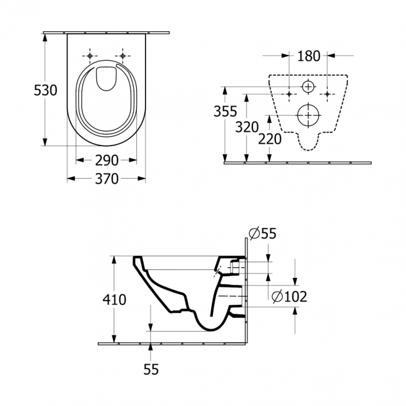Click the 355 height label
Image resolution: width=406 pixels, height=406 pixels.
pos(225,112)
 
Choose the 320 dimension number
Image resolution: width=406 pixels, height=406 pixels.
pos(247,127)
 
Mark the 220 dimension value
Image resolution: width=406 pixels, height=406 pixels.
pos(270,139)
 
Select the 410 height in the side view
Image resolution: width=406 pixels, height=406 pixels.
pos(114,299)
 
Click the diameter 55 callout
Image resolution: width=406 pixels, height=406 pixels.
pos(262,234)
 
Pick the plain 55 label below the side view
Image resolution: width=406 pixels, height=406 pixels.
pos(151,369)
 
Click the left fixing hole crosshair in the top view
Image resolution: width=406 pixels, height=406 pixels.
pos(91,56)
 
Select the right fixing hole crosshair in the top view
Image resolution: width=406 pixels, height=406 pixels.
pos(123,56)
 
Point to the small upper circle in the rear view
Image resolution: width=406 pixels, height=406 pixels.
pos(309,86)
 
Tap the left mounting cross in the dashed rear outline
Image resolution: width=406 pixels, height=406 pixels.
pos(289,94)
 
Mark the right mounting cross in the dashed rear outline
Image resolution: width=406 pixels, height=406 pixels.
pos(327,94)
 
